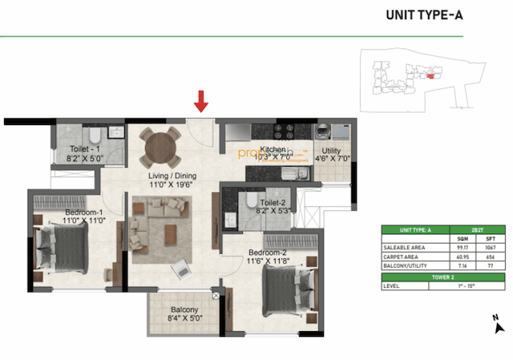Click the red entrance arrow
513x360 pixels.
tap(202, 101)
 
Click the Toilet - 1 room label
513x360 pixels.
tap(83, 154)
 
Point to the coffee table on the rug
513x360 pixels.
tap(171, 233)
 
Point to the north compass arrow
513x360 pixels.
tap(498, 326)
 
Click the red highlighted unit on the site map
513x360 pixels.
tap(430, 76)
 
